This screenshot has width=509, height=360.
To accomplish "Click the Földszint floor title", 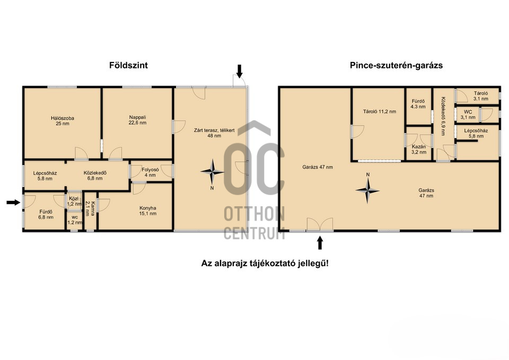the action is pos(128,65).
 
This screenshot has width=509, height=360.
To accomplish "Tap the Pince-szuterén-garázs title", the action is pos(396,65).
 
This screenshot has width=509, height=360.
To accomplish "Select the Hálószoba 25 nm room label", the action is pos(63,121).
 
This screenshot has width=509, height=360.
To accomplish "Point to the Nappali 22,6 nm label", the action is pos(138,120).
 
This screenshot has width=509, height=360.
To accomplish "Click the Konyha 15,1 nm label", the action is pos(148,210).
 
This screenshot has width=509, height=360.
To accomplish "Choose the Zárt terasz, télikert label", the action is pos(214,133).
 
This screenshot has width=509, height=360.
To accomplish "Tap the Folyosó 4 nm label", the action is pos(150,172).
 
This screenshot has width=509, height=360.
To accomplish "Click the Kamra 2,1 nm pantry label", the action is pos(90,209).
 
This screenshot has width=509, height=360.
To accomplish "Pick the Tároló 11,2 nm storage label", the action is pos(380,111).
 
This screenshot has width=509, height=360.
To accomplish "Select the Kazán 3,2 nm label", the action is pos(419,150).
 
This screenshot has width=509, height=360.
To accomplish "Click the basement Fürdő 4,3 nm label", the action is pos(418,104).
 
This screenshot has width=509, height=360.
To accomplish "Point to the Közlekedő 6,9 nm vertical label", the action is pos(443,116).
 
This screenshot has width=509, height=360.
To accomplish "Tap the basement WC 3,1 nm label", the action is pos(468,115).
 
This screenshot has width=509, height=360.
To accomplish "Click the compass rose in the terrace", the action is pos(212,171).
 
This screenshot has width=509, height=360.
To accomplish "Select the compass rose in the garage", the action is pos(367,190).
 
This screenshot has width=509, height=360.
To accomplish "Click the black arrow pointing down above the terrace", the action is pos(240,72).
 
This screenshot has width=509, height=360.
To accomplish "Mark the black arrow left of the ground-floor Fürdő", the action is pos(13,203).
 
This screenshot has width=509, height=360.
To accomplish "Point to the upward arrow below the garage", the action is pos(320,243).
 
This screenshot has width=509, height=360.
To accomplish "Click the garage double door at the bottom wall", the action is pos(320,224).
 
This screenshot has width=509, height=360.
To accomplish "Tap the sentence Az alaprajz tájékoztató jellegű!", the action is pos(265,263).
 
